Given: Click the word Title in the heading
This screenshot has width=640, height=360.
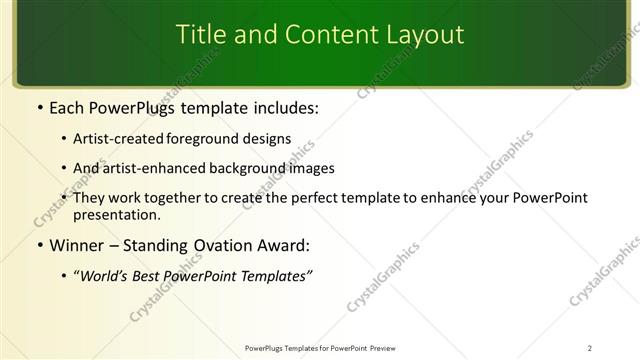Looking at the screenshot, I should pos(200,35).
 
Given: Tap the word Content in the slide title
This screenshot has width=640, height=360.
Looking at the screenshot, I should pos(322,35).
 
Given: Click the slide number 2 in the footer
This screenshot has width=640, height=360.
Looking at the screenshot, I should pos(590,348).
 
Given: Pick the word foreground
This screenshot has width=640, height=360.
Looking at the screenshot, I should pos(208,140).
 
